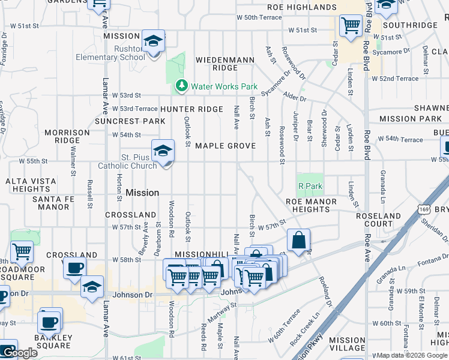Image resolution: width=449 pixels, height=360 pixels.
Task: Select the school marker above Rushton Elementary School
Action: pyautogui.click(x=153, y=41)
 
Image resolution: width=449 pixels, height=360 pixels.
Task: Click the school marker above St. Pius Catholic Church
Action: pyautogui.click(x=163, y=151)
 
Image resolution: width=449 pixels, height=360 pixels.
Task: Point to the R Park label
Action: pyautogui.click(x=310, y=187)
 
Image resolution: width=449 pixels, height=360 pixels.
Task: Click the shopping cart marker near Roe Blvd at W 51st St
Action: pyautogui.click(x=351, y=26)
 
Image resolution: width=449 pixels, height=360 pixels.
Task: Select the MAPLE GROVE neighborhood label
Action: pyautogui.click(x=225, y=146)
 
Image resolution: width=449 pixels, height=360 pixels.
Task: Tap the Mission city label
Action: pyautogui.click(x=142, y=193)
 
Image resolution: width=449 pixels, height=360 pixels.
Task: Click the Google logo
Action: pyautogui.click(x=19, y=353)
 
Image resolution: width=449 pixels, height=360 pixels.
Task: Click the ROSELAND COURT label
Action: pyautogui.click(x=378, y=220)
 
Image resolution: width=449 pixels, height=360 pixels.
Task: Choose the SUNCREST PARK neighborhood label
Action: pyautogui.click(x=130, y=121)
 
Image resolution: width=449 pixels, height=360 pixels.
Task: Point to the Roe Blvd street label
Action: pyautogui.click(x=366, y=30)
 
